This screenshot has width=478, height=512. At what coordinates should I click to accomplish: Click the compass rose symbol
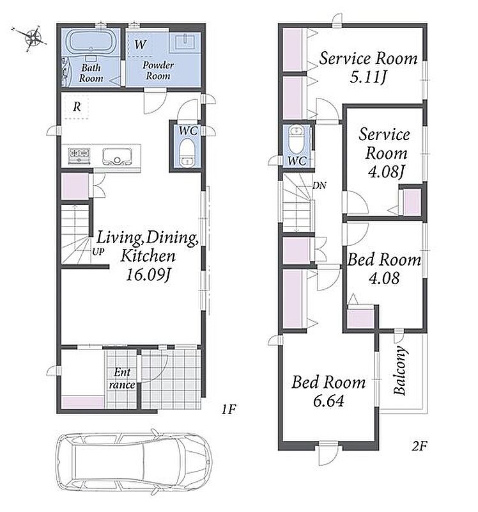coord(33,36)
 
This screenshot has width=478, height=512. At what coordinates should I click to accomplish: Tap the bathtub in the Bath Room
coord(90,42)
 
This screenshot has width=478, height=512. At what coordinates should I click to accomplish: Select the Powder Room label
coord(158,70)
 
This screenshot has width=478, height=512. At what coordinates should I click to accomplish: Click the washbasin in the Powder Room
coord(185,42)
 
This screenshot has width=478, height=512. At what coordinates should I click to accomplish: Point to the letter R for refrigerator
coord(77,106)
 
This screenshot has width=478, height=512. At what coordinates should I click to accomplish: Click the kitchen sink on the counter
coord(118,156)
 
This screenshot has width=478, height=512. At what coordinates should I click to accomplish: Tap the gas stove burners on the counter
coord(79,156)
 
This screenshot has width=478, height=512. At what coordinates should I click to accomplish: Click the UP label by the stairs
coord(98,252)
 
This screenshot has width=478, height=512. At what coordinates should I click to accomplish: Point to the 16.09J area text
coord(148,275)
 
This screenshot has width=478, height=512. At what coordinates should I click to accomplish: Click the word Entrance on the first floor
coord(122,378)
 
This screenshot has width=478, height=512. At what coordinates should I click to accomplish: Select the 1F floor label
coord(229,409)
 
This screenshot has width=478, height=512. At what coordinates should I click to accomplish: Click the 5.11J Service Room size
coord(369,77)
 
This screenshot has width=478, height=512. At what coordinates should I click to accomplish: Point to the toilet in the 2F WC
coord(297,140)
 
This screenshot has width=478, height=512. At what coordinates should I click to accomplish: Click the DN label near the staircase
coord(320,186)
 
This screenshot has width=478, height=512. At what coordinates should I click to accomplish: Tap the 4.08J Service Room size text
coord(386,172)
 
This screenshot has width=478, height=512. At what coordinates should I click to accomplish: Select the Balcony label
coord(400,371)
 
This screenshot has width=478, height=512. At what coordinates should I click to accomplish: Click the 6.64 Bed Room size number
coord(328,401)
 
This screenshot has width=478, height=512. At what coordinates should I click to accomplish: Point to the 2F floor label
coord(419,445)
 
